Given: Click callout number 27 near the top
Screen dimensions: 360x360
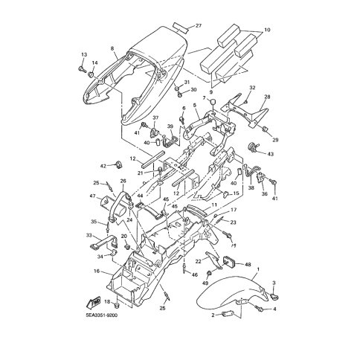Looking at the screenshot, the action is click(199, 26).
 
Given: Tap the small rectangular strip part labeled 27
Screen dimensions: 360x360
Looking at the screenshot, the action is click(181, 28).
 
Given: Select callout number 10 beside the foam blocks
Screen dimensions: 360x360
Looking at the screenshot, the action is click(267, 30).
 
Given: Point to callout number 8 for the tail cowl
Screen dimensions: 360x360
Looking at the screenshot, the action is click(112, 49).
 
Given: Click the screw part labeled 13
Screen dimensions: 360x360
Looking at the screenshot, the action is click(81, 68).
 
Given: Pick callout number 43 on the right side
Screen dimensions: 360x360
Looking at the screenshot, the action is click(270, 154).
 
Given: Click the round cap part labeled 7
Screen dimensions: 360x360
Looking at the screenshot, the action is click(213, 102).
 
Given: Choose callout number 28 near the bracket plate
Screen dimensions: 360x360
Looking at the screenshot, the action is click(267, 97).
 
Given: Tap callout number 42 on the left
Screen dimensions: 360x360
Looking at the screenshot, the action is click(103, 166).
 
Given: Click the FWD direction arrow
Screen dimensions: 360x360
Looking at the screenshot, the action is click(92, 302).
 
